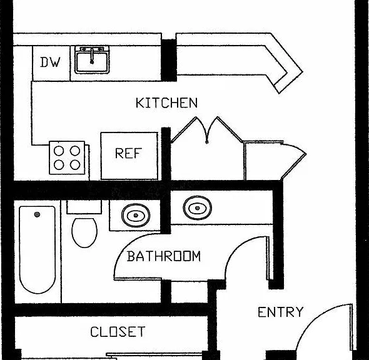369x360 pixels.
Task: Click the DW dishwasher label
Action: click(50, 62)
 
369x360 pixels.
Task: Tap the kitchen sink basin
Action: click(92, 62)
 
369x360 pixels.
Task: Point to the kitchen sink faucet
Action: click(92, 56)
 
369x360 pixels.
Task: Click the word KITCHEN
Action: click(166, 103)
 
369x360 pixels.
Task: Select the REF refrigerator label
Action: click(128, 153)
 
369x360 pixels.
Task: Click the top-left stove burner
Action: click(59, 151)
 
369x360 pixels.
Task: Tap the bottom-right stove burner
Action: click(75, 165)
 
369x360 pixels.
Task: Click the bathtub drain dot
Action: click(37, 214)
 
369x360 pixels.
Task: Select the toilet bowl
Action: click(84, 232)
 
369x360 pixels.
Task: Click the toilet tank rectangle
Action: click(84, 207)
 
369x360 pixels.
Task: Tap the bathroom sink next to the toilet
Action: click(136, 215)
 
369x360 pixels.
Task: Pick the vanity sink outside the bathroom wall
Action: click(198, 208)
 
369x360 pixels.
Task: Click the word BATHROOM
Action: click(164, 256)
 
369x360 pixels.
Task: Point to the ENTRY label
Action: click(281, 312)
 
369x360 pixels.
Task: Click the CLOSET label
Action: click(118, 332)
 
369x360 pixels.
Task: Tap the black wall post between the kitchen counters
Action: click(169, 61)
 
